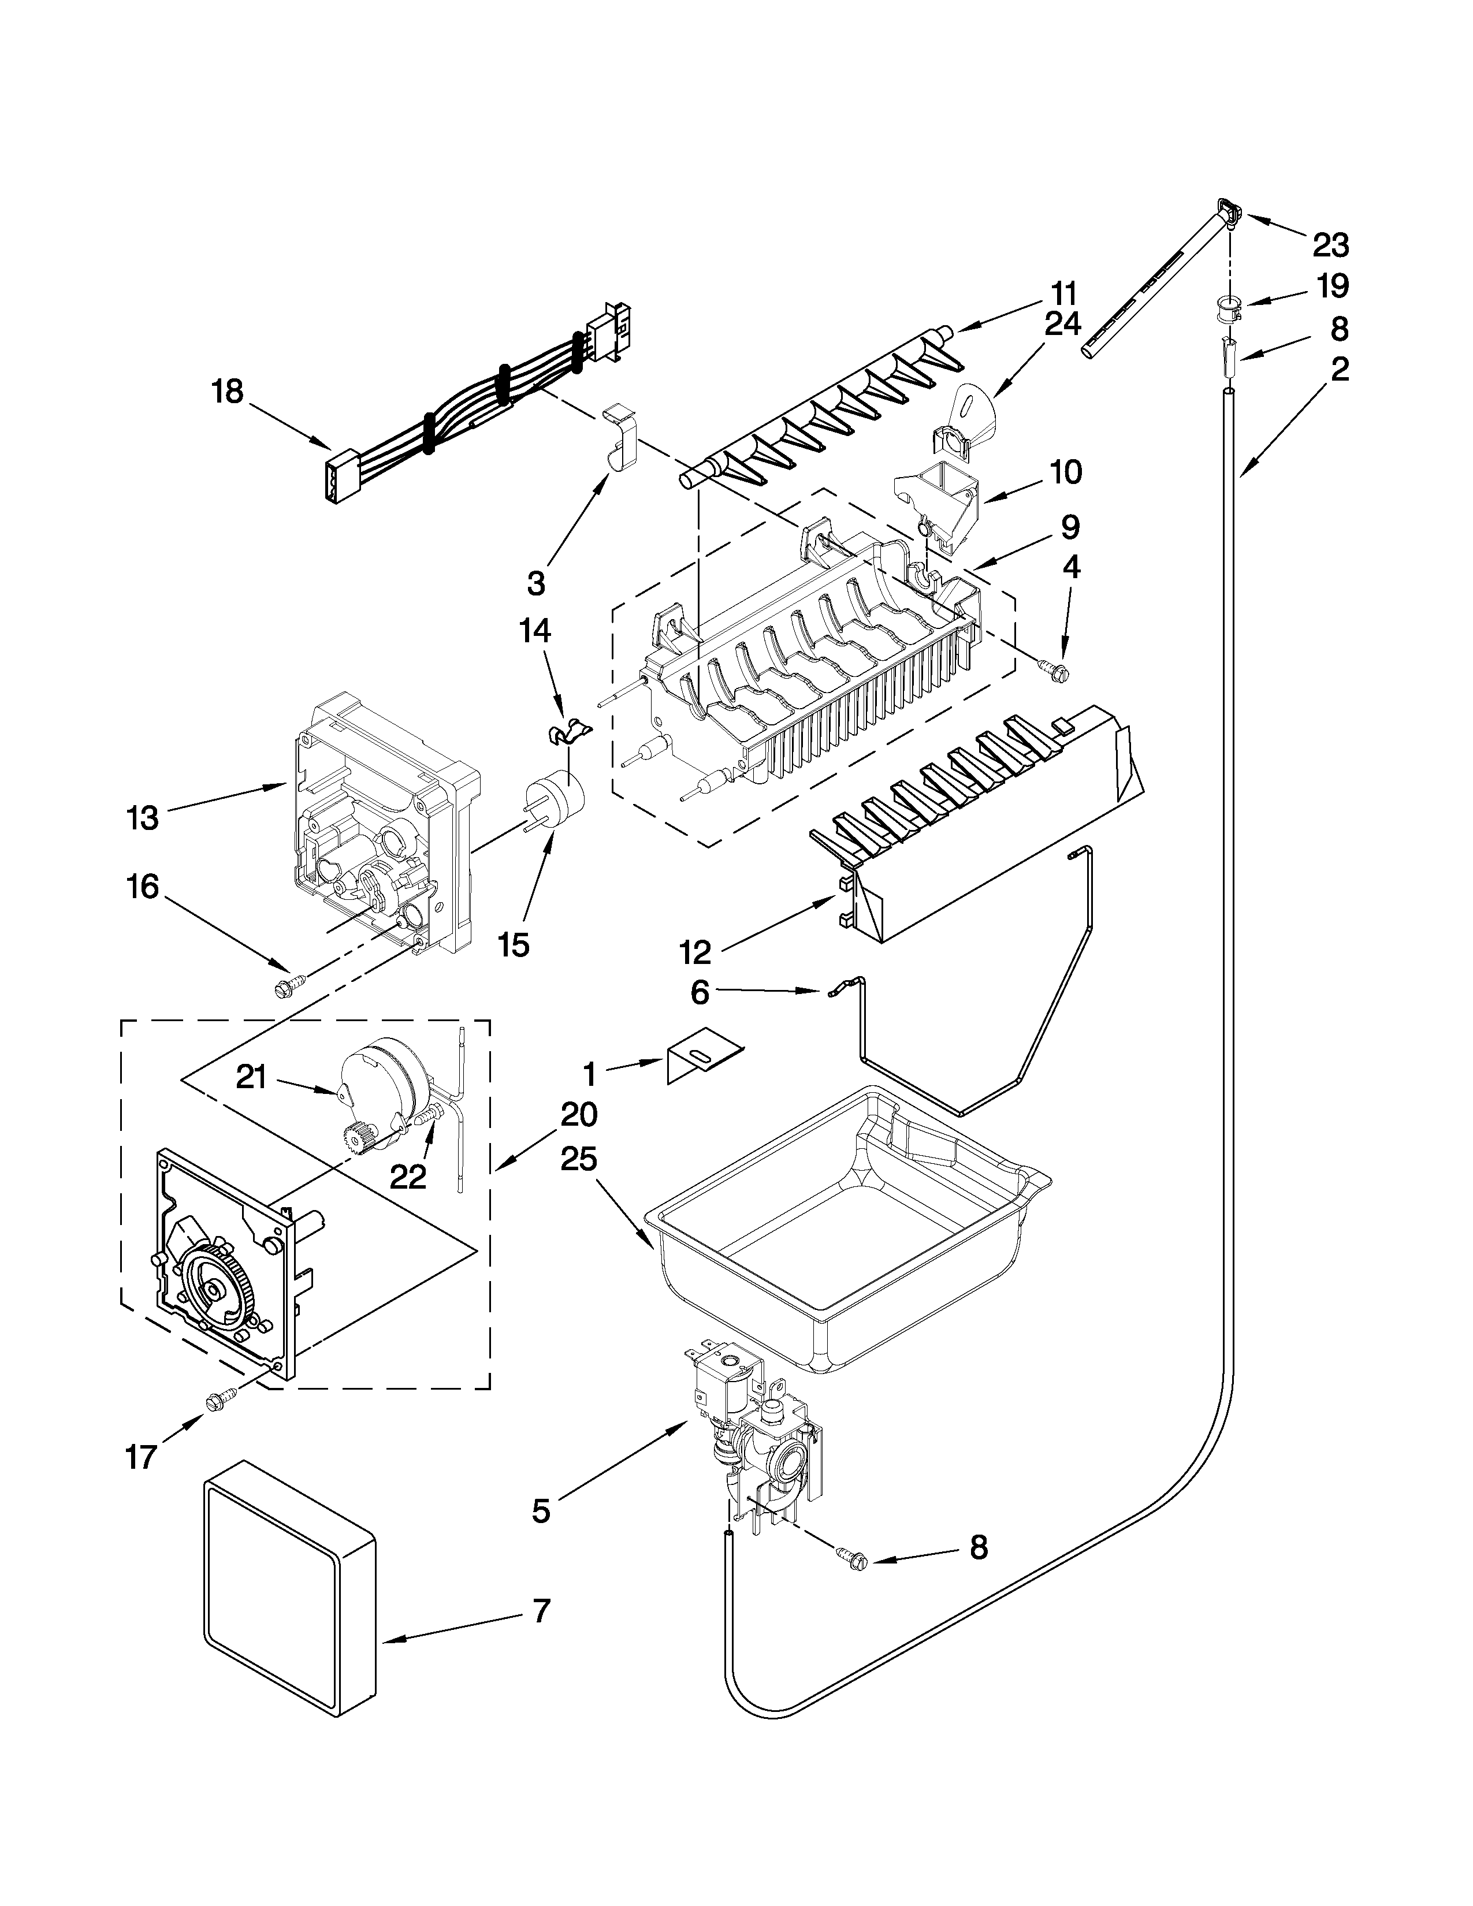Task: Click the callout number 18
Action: [227, 392]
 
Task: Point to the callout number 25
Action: [579, 1160]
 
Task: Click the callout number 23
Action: [1330, 246]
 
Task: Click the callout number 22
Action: [407, 1177]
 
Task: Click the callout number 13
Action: [142, 818]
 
